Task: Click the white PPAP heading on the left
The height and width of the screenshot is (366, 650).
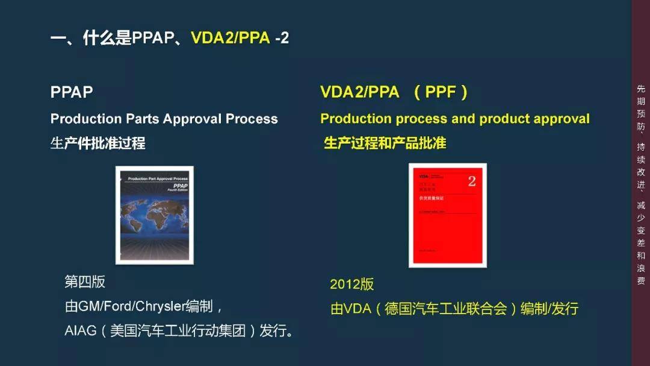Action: point(72,92)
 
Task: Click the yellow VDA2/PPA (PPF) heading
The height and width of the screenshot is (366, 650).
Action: point(394,92)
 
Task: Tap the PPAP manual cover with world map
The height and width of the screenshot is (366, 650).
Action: point(155,215)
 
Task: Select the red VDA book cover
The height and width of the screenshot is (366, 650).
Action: point(447,215)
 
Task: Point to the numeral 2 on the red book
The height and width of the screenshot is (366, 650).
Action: point(472,181)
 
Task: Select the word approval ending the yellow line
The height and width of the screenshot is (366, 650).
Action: point(561,119)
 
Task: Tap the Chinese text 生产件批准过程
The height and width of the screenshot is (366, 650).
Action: point(98,144)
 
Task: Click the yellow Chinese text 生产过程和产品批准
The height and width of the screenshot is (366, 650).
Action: point(385,144)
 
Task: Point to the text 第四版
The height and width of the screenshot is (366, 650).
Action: point(85,282)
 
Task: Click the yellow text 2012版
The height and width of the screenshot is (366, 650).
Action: point(351,284)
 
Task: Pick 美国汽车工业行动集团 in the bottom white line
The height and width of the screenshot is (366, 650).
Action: point(178,331)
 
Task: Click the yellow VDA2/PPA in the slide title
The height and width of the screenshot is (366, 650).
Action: point(231,38)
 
